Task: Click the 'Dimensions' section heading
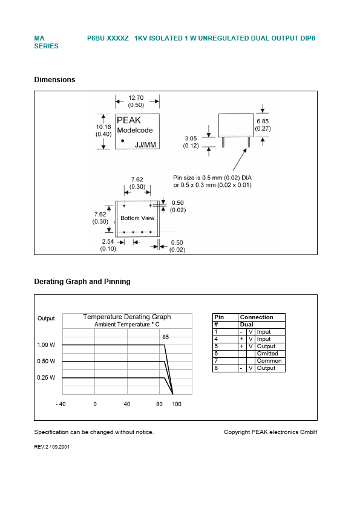pos(54,80)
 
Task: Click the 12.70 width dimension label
pos(136,98)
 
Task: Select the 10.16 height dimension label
pos(103,128)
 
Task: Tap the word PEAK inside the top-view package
pos(128,120)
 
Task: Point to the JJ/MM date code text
pos(145,144)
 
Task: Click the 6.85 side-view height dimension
pos(263,122)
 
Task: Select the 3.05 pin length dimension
pos(191,138)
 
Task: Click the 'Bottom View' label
pos(137,218)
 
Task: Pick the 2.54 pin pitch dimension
pos(108,242)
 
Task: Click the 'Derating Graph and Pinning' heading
pos(82,282)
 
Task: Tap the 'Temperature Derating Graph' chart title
pos(127,317)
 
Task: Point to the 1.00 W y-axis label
pos(46,345)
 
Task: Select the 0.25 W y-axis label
pos(46,377)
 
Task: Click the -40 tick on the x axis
pos(61,404)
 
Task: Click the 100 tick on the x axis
pos(176,404)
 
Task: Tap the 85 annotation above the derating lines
pos(165,337)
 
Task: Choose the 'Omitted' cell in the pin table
pos(267,354)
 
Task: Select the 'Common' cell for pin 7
pos(269,361)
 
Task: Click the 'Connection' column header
pos(257,317)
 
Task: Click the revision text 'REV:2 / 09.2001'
pos(56,447)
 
